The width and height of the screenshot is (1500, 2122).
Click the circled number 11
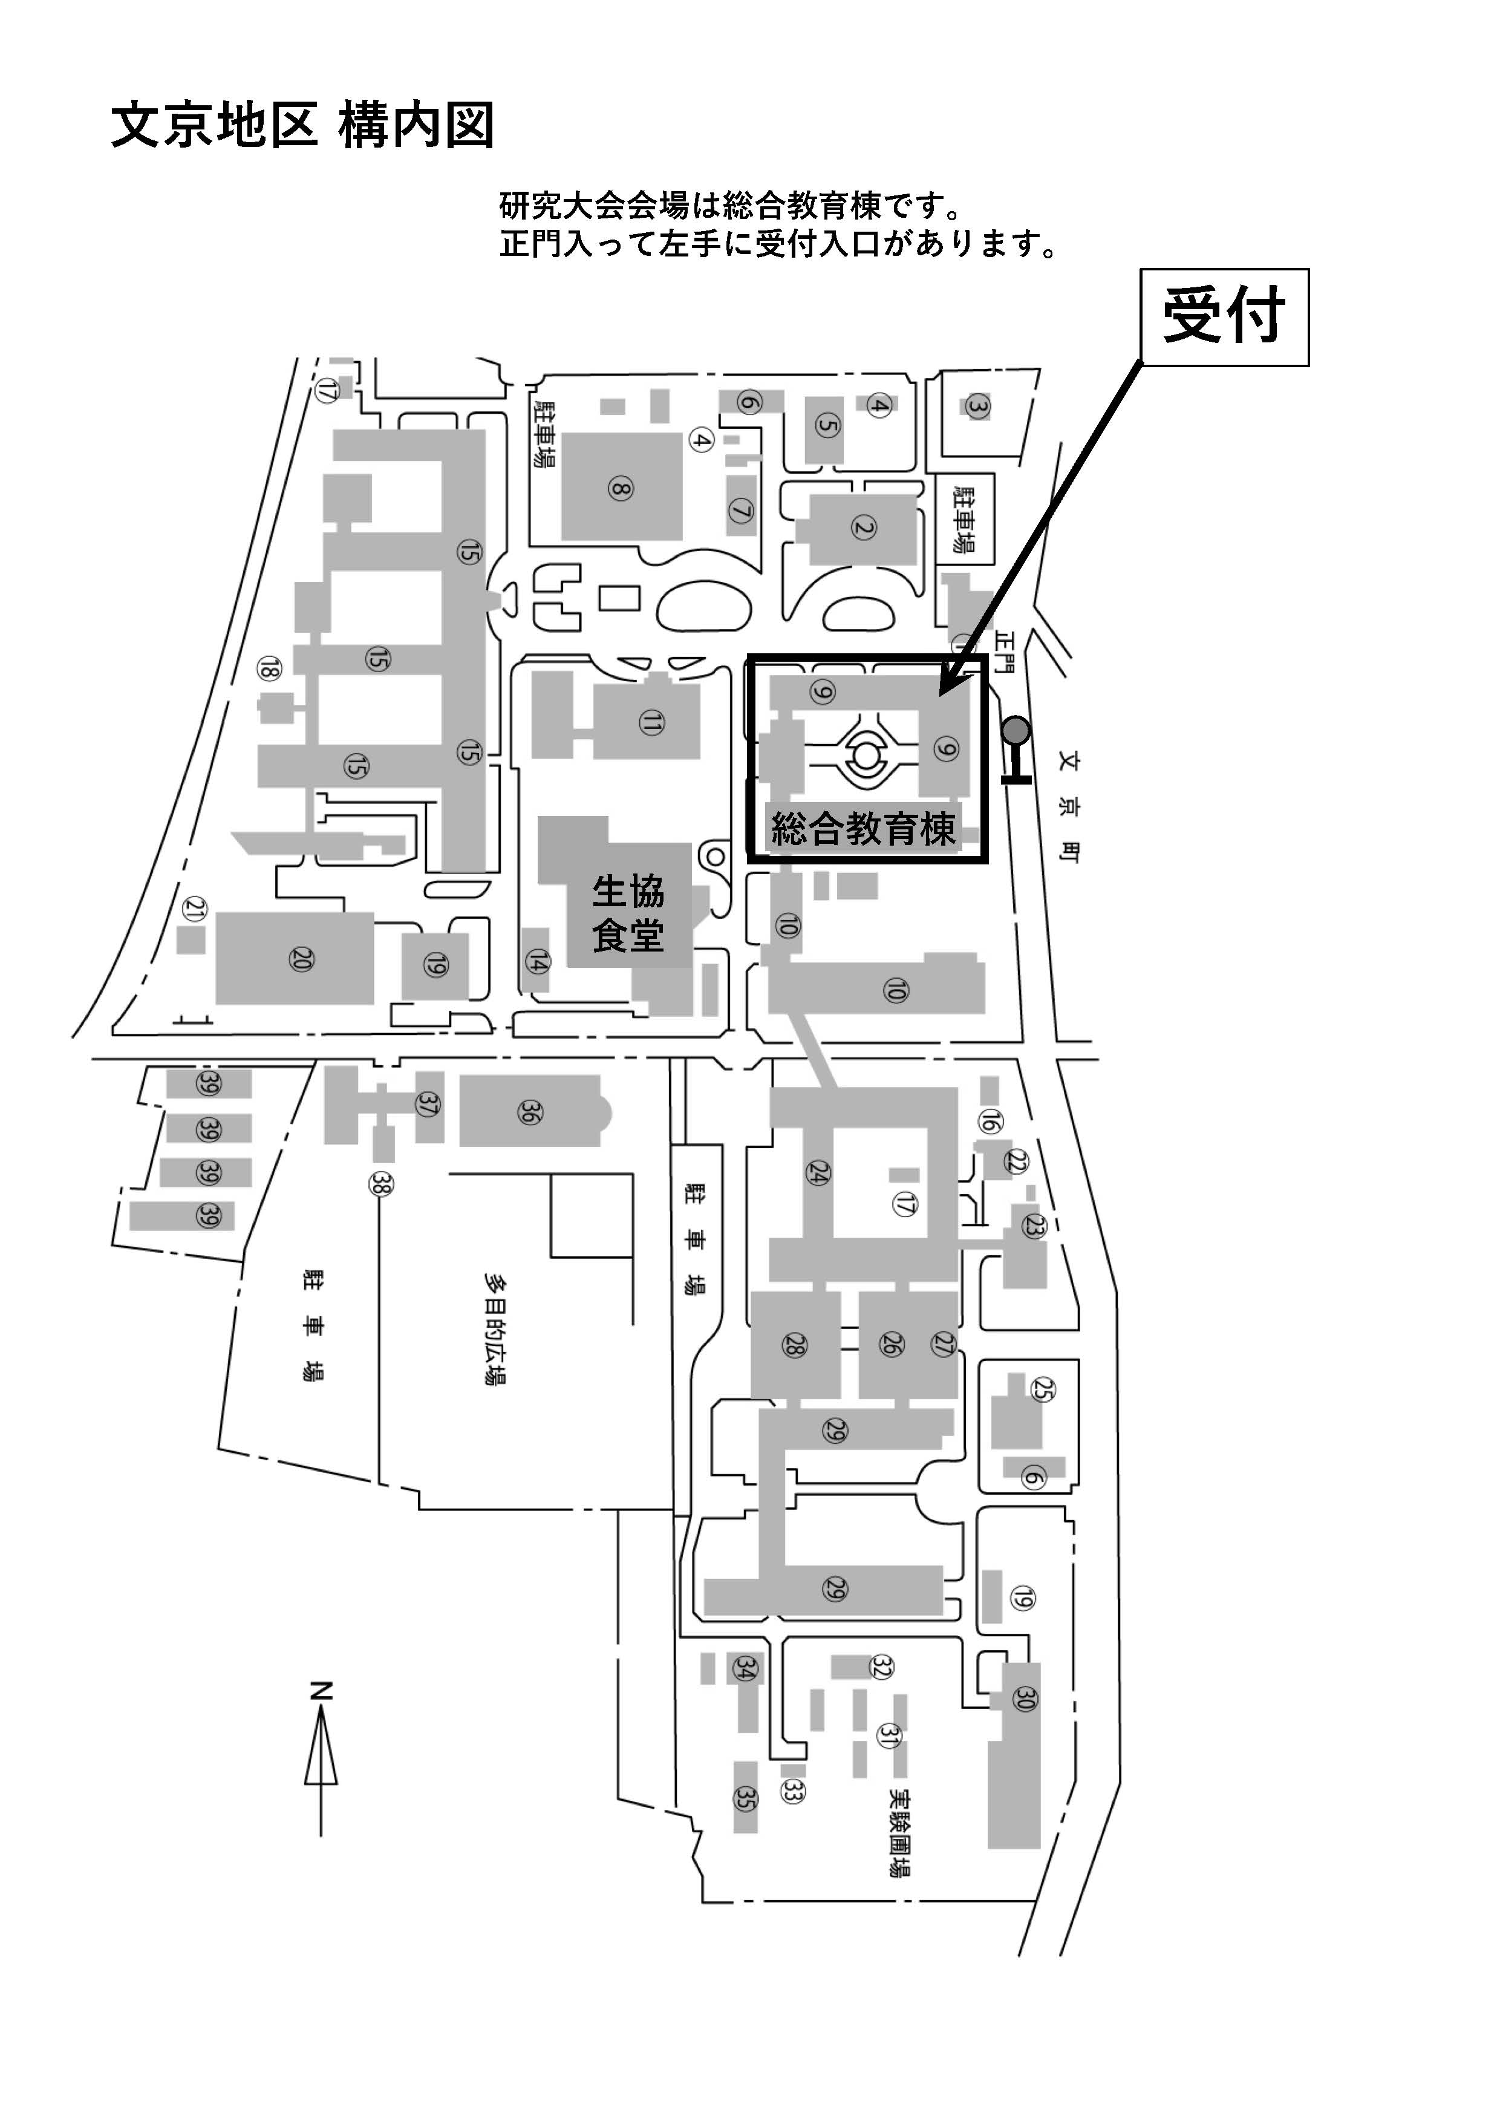pyautogui.click(x=651, y=723)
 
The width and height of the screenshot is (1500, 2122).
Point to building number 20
pyautogui.click(x=301, y=959)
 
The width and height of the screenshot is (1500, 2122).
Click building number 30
pyautogui.click(x=1024, y=1698)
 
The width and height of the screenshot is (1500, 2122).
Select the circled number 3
pyautogui.click(x=977, y=406)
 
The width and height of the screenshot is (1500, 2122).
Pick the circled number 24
pyautogui.click(x=818, y=1173)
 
